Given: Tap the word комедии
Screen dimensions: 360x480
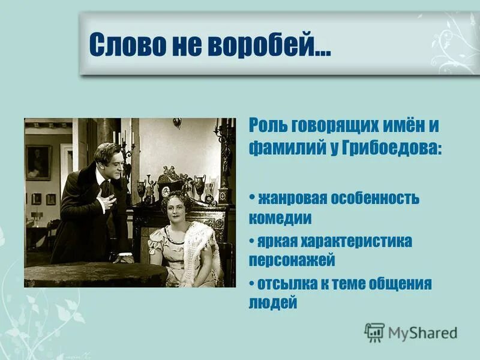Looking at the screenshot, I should (280, 217).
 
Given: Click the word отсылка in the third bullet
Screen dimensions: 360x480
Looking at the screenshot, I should (286, 284).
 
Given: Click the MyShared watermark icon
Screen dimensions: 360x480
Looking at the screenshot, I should (374, 331).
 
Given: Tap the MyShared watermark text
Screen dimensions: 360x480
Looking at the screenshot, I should (422, 332).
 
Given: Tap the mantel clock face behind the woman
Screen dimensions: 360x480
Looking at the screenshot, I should (164, 191).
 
